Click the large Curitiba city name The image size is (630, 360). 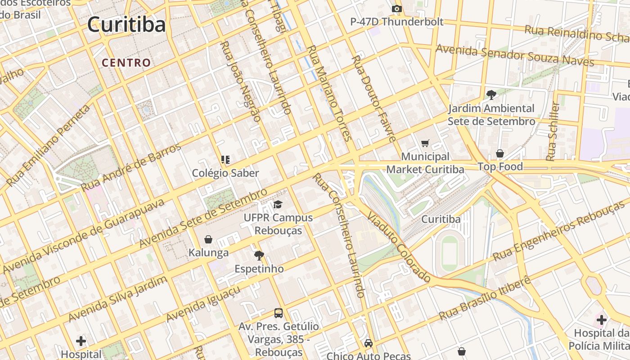[126, 24]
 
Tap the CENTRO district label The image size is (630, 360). [126, 63]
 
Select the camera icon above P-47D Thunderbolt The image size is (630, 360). [396, 9]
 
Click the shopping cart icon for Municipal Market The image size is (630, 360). [425, 144]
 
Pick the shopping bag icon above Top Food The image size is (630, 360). [500, 154]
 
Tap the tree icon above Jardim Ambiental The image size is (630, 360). [491, 95]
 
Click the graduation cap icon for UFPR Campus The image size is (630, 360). [278, 205]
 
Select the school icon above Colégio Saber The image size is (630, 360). [225, 160]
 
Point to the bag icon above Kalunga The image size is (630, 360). [208, 239]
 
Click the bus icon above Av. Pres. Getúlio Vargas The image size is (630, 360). [279, 313]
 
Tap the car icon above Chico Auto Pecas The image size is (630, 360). [369, 343]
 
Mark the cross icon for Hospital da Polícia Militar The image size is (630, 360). [602, 320]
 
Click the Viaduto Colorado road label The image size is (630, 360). [399, 247]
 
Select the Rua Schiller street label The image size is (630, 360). [553, 131]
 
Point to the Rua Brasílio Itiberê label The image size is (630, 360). [485, 298]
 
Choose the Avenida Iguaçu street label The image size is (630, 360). [203, 304]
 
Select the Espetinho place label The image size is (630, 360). [259, 269]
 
